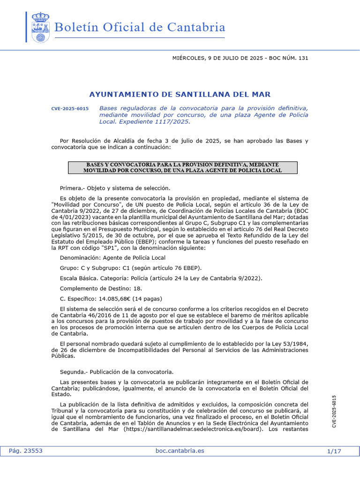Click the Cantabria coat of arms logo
[40, 28]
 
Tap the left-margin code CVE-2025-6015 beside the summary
[70, 109]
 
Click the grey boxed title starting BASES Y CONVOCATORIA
[183, 168]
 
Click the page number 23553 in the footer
[32, 451]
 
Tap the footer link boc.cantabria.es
[180, 451]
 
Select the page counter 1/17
[334, 451]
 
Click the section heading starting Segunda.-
[117, 372]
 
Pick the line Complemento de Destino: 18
[101, 288]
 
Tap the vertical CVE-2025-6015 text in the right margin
[334, 411]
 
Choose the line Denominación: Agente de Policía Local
[112, 258]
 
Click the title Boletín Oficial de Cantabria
[140, 27]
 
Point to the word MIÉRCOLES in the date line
[189, 58]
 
